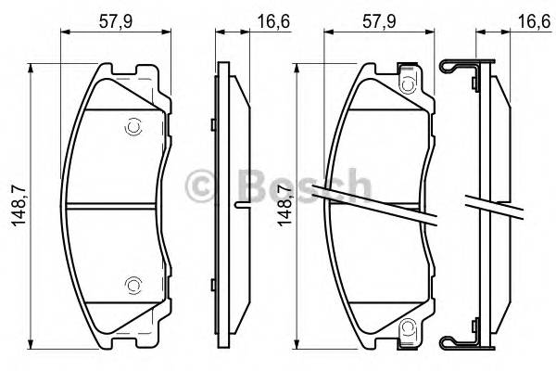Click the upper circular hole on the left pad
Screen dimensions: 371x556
(132, 125)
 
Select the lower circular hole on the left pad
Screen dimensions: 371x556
(132, 285)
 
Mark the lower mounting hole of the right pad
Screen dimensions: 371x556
(407, 326)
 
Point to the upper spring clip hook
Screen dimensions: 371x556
(452, 66)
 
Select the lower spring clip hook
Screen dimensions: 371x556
(452, 344)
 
